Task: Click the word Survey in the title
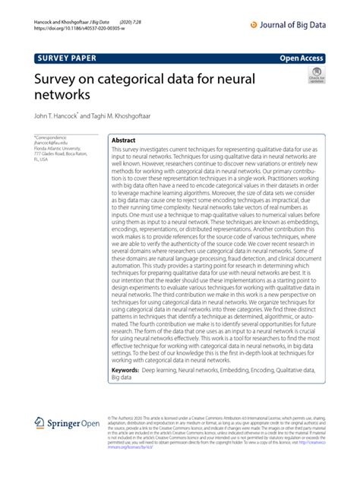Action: pyautogui.click(x=59, y=78)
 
